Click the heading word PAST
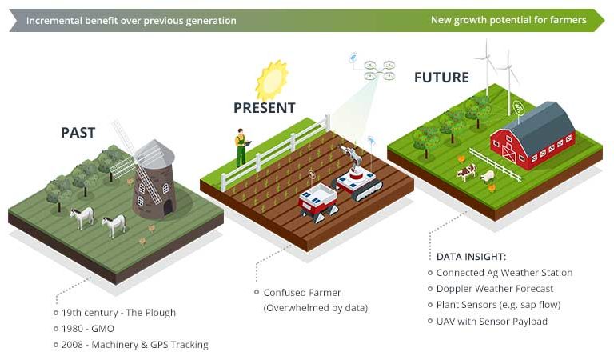click(x=78, y=133)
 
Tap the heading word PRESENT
click(x=264, y=108)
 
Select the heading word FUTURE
click(x=441, y=78)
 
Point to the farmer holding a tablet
click(x=240, y=147)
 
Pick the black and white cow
click(x=466, y=171)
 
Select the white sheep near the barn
click(x=488, y=175)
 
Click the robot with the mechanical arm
click(x=357, y=176)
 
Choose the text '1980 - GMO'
click(x=87, y=329)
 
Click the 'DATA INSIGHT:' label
click(x=471, y=257)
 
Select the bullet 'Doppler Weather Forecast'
click(x=495, y=289)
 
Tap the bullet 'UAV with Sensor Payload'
click(x=492, y=322)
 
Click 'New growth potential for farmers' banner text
click(x=508, y=20)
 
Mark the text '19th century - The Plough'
click(x=118, y=313)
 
